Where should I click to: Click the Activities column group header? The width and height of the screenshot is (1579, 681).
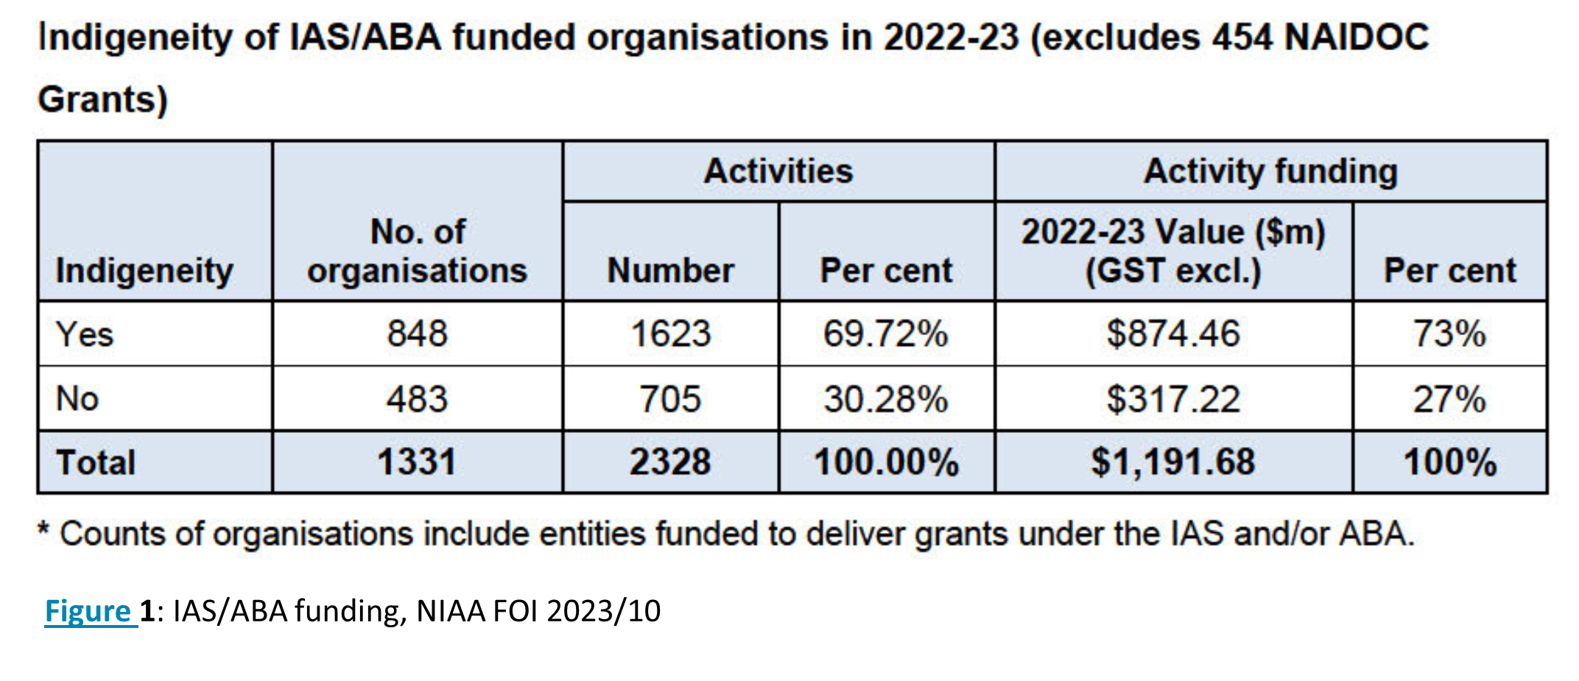click(778, 172)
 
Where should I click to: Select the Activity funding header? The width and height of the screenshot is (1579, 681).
click(1270, 172)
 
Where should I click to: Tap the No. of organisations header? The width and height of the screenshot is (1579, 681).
click(418, 251)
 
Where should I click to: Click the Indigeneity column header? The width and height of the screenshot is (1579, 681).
click(144, 270)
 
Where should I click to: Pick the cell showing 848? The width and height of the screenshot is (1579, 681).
click(418, 334)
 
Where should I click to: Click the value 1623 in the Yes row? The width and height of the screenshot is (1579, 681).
click(670, 334)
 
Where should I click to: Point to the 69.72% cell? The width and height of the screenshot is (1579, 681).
click(886, 334)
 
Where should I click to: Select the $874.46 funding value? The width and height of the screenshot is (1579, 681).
click(1173, 334)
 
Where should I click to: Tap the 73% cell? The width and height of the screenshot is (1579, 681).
click(1449, 334)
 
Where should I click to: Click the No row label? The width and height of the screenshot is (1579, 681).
click(77, 399)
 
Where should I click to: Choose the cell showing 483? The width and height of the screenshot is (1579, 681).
click(418, 399)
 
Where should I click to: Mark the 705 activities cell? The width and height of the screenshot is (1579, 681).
click(670, 399)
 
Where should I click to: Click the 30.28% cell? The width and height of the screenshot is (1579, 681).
click(886, 399)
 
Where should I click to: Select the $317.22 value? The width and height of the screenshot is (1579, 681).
click(1173, 399)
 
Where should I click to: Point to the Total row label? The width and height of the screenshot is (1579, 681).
click(96, 462)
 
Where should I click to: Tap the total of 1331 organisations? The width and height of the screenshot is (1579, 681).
click(418, 462)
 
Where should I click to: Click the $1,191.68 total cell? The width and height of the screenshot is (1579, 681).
click(1173, 462)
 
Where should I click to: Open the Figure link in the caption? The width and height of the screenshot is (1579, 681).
click(88, 611)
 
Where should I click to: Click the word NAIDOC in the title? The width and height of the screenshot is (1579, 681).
click(1357, 37)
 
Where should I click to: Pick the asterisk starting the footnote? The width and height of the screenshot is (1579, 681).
click(44, 529)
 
